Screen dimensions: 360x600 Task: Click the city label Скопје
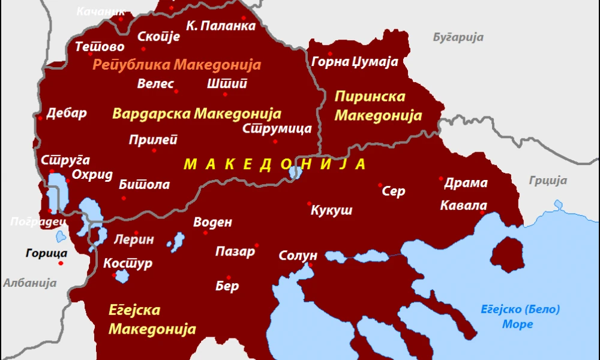tap(158, 37)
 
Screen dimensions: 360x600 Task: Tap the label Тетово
tap(100, 47)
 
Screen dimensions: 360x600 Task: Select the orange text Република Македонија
tap(176, 65)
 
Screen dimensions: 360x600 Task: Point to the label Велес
tap(155, 83)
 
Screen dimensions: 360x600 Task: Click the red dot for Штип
tap(225, 94)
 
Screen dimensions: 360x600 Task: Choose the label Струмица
tap(277, 128)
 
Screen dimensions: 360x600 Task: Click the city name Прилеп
tap(154, 140)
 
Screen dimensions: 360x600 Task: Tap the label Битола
tap(144, 184)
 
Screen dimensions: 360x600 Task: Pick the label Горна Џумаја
tap(355, 61)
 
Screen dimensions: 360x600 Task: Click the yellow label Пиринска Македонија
tap(378, 106)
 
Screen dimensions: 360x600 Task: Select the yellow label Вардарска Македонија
tap(197, 113)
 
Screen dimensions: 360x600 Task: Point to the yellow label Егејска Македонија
tap(152, 319)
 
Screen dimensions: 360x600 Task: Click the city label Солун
tap(298, 256)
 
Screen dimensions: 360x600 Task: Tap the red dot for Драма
tap(441, 178)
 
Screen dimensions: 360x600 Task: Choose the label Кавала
tap(463, 206)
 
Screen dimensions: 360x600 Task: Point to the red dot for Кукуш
tap(309, 203)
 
